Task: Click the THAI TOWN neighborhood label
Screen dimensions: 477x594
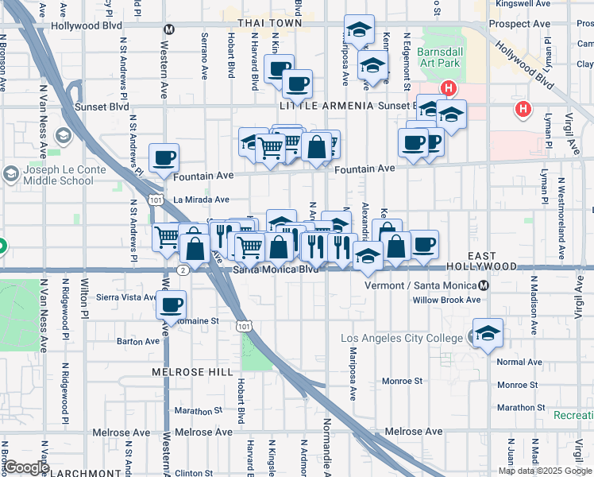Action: click(262, 24)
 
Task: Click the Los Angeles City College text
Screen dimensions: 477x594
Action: click(401, 339)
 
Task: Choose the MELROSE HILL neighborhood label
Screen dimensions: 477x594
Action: click(193, 372)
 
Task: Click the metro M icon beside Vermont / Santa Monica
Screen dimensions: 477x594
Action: click(484, 285)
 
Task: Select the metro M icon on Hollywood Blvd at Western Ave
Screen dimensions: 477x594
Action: click(168, 29)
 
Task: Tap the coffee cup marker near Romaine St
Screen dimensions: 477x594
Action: click(171, 304)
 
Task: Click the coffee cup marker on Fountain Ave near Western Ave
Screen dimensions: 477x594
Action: click(164, 157)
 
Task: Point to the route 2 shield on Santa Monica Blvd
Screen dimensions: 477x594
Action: click(183, 270)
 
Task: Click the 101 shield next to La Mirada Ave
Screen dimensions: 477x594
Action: click(158, 200)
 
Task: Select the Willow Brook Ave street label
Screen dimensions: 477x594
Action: click(446, 301)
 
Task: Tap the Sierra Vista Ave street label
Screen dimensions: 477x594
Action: click(126, 297)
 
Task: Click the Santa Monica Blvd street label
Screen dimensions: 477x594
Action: click(276, 270)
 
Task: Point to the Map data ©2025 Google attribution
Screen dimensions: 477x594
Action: click(545, 471)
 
